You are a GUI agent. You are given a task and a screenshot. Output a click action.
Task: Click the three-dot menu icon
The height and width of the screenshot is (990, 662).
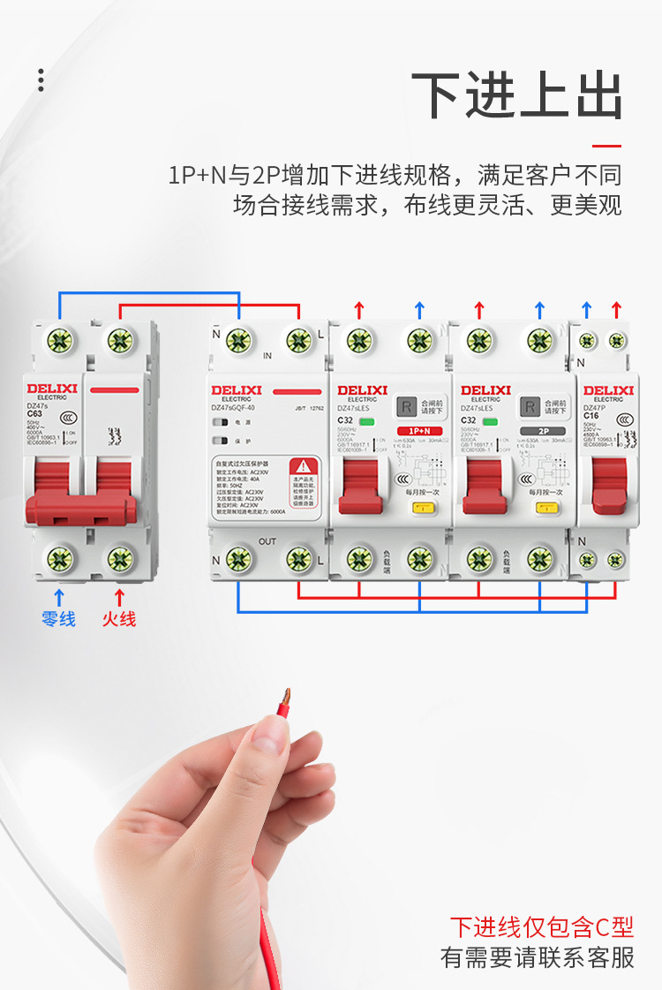(41, 79)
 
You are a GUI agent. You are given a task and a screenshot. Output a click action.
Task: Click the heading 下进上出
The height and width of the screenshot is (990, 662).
(518, 95)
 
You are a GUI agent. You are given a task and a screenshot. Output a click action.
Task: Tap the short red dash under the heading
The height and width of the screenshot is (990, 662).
(606, 146)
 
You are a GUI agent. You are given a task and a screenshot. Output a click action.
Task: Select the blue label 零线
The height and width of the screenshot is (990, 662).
(59, 619)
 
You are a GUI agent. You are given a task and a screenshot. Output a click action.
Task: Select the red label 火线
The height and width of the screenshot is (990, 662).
(119, 619)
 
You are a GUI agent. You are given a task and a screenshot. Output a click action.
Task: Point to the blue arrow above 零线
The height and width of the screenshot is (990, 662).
(60, 596)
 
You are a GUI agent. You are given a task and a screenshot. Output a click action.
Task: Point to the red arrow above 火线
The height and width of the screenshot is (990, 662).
(119, 596)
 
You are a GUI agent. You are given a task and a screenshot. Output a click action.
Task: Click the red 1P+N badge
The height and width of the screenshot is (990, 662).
(420, 431)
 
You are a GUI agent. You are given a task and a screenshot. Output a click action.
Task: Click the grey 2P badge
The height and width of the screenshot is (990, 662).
(541, 431)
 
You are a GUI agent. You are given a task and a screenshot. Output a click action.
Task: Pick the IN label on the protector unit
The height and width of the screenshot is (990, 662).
(267, 357)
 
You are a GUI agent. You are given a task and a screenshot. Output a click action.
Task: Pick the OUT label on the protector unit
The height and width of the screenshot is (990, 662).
(268, 540)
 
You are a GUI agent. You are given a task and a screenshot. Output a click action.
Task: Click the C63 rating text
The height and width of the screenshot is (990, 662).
(35, 413)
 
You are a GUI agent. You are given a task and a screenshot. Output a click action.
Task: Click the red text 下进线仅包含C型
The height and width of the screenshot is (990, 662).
(541, 926)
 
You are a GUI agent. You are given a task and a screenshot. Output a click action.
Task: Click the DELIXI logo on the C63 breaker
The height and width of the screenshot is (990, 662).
(52, 388)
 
